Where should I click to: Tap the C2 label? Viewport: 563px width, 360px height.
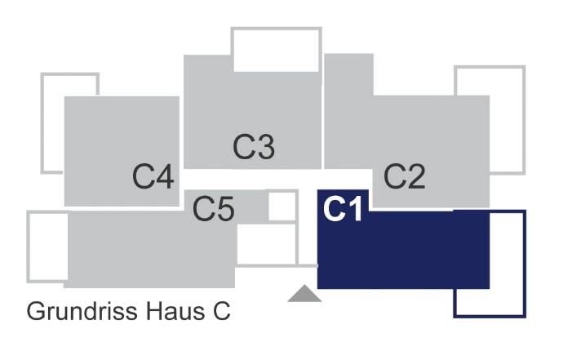405,176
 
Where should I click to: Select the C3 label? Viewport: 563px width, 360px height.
254,147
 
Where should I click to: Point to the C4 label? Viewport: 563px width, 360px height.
153,176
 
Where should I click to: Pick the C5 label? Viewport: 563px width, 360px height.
213,209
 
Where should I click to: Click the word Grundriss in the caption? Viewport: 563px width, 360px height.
82,311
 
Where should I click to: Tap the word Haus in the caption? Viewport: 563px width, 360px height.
175,311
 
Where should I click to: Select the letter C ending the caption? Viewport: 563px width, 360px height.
222,311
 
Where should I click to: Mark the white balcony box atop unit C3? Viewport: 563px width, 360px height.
276,29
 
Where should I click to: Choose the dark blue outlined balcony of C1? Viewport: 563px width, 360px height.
524,264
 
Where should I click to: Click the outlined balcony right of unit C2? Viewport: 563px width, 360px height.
524,120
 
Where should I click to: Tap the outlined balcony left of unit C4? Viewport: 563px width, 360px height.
42,123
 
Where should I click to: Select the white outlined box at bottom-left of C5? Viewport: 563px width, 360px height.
29,247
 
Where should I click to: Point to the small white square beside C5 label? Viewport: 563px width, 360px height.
281,207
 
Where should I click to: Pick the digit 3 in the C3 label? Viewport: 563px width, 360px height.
266,147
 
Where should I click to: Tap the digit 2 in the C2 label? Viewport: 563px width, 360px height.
416,176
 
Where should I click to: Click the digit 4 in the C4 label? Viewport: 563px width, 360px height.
165,176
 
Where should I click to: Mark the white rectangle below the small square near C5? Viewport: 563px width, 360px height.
267,244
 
